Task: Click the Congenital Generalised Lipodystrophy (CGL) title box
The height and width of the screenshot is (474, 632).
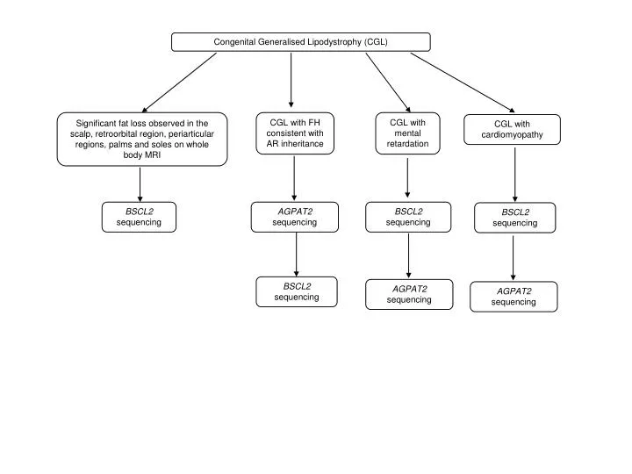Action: click(x=300, y=42)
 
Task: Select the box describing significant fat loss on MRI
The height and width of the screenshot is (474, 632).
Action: click(x=142, y=139)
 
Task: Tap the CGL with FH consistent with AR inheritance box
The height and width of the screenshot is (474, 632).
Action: click(x=295, y=133)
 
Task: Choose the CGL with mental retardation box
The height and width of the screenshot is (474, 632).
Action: click(x=407, y=133)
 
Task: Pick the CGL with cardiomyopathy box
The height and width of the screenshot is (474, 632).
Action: click(x=512, y=130)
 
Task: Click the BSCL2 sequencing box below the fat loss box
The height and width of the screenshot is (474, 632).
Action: click(x=139, y=217)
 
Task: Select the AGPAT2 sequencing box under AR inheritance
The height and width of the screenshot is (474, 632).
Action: click(x=294, y=217)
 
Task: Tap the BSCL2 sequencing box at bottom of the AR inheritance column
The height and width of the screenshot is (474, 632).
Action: click(x=296, y=291)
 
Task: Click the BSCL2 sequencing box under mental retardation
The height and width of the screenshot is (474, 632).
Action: click(x=408, y=217)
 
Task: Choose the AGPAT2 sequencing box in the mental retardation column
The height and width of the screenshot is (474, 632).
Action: click(x=409, y=294)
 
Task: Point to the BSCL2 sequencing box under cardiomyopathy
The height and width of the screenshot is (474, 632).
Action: click(x=514, y=218)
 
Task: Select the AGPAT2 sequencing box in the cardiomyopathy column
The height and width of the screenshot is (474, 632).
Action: click(x=513, y=297)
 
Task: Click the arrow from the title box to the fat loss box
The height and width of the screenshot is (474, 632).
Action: click(x=179, y=81)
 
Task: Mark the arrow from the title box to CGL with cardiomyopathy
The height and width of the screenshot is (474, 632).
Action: click(x=462, y=81)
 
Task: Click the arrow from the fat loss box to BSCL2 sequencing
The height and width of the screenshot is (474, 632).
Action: click(x=140, y=183)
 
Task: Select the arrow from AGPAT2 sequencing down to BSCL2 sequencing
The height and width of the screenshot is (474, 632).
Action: click(x=296, y=255)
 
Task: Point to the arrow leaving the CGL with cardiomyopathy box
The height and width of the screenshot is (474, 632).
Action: click(x=514, y=174)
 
